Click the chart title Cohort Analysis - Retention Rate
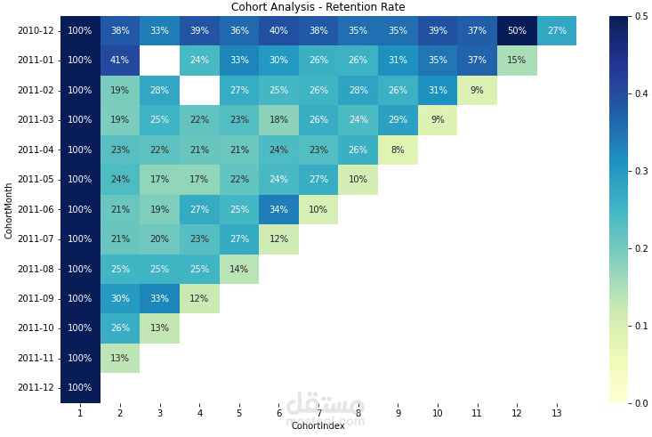point(318,7)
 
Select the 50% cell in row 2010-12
point(516,31)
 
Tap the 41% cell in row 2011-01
point(120,61)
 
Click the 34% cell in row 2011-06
point(278,210)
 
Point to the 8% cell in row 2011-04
point(398,150)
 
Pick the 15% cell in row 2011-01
point(516,61)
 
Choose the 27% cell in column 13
point(556,31)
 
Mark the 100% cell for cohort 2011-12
point(80,388)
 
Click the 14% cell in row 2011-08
point(239,269)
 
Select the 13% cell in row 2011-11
point(120,359)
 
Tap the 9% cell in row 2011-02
point(477,91)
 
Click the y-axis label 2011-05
point(36,180)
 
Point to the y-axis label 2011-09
point(36,299)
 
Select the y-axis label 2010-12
point(36,31)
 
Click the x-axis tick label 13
point(556,413)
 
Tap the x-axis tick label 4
point(199,413)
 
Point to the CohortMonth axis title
point(9,210)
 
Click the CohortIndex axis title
point(318,426)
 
